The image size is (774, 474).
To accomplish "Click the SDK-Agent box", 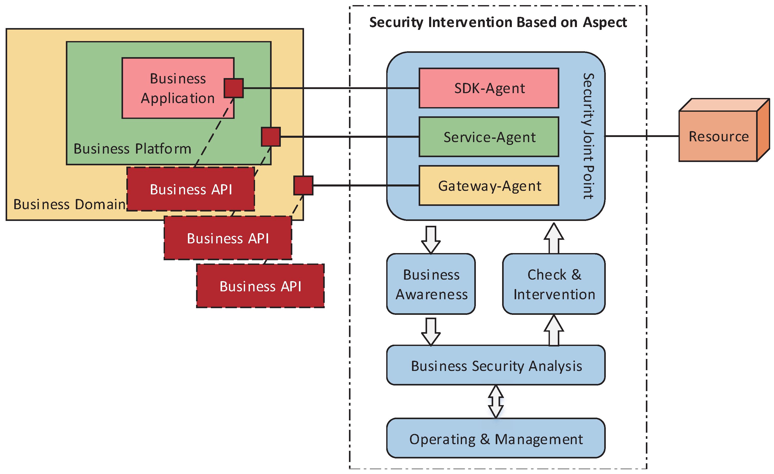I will tap(489, 88).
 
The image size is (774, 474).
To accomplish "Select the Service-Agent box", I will tap(489, 137).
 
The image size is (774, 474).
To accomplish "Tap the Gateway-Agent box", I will tap(489, 185).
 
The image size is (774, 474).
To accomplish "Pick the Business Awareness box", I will tap(431, 284).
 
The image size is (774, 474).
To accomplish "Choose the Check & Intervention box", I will tap(554, 284).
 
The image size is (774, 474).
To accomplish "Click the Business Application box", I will tap(178, 88).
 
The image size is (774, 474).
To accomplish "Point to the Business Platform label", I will tap(132, 148).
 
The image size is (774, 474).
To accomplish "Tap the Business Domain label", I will tap(69, 204).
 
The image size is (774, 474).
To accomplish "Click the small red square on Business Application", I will tap(234, 88).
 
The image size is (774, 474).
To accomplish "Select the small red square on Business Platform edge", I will tap(271, 137).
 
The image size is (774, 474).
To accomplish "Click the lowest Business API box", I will tap(260, 286).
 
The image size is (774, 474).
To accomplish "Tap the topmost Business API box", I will tap(191, 189).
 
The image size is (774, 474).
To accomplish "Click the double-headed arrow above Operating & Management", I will tap(496, 402).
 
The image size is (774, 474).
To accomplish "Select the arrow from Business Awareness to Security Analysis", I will tap(431, 331).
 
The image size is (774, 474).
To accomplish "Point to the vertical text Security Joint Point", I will tap(588, 136).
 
